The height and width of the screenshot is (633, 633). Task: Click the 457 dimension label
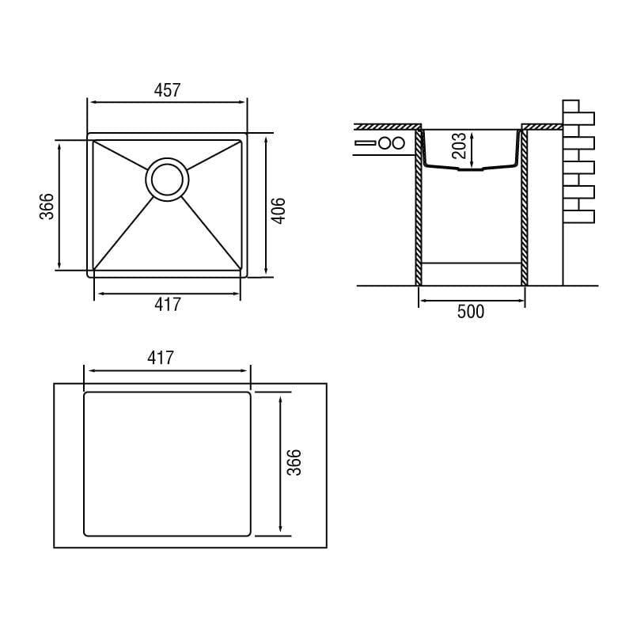167,90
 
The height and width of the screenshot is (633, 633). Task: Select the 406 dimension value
279,210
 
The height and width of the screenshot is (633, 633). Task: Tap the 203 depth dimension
459,146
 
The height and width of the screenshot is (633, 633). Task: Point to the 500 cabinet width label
471,312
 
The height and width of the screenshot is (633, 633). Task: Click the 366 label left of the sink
47,207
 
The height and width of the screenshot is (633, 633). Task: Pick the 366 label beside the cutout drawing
294,462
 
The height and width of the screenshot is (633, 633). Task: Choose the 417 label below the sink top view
168,305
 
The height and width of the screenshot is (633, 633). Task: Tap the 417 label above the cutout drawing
161,358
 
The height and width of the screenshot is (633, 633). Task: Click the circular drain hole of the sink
167,180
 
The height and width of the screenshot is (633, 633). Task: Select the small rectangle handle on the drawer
366,143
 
